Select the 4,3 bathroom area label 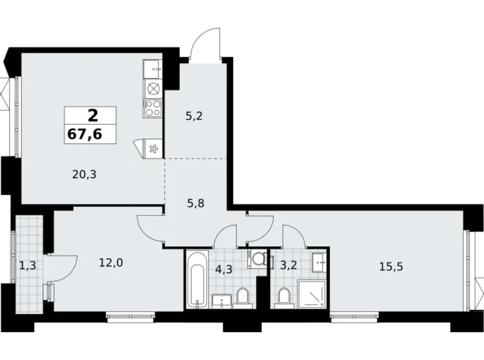pyautogui.click(x=222, y=270)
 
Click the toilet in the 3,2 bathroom pyautogui.click(x=284, y=297)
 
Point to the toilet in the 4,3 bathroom pyautogui.click(x=243, y=297)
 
